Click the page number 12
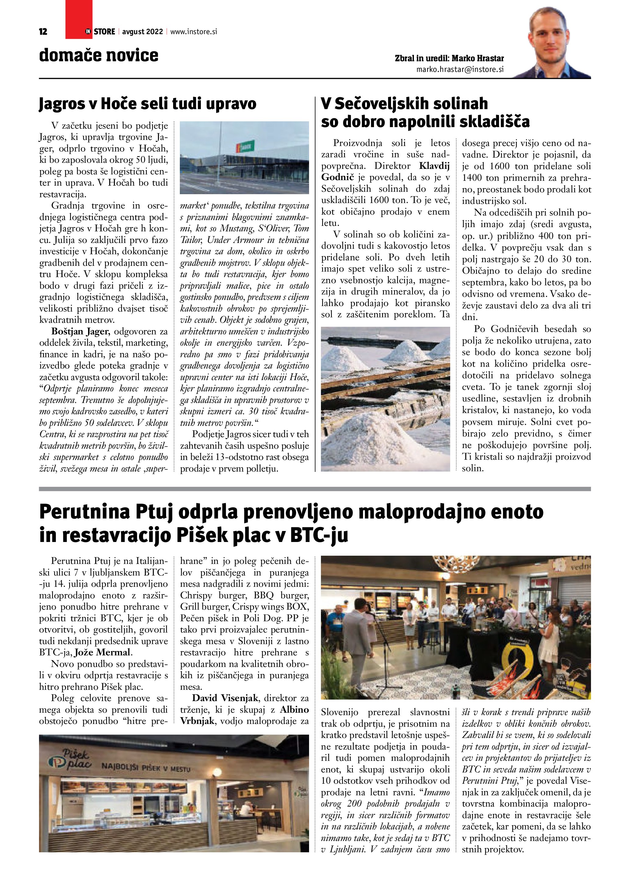coord(43,32)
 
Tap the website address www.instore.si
coord(194,32)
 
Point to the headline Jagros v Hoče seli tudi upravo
coord(148,104)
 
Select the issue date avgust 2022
coord(142,32)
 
